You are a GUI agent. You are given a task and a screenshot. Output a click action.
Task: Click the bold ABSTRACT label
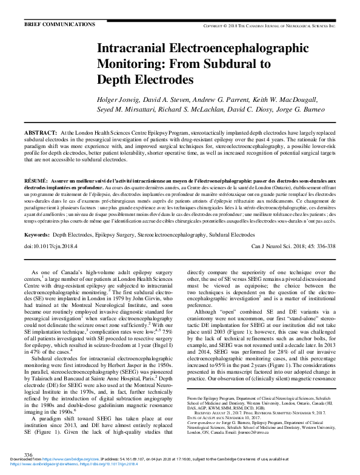coord(40,132)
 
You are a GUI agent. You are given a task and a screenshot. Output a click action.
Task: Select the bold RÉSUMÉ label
coord(35,181)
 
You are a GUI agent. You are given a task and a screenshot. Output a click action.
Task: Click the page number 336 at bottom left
coord(28,454)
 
